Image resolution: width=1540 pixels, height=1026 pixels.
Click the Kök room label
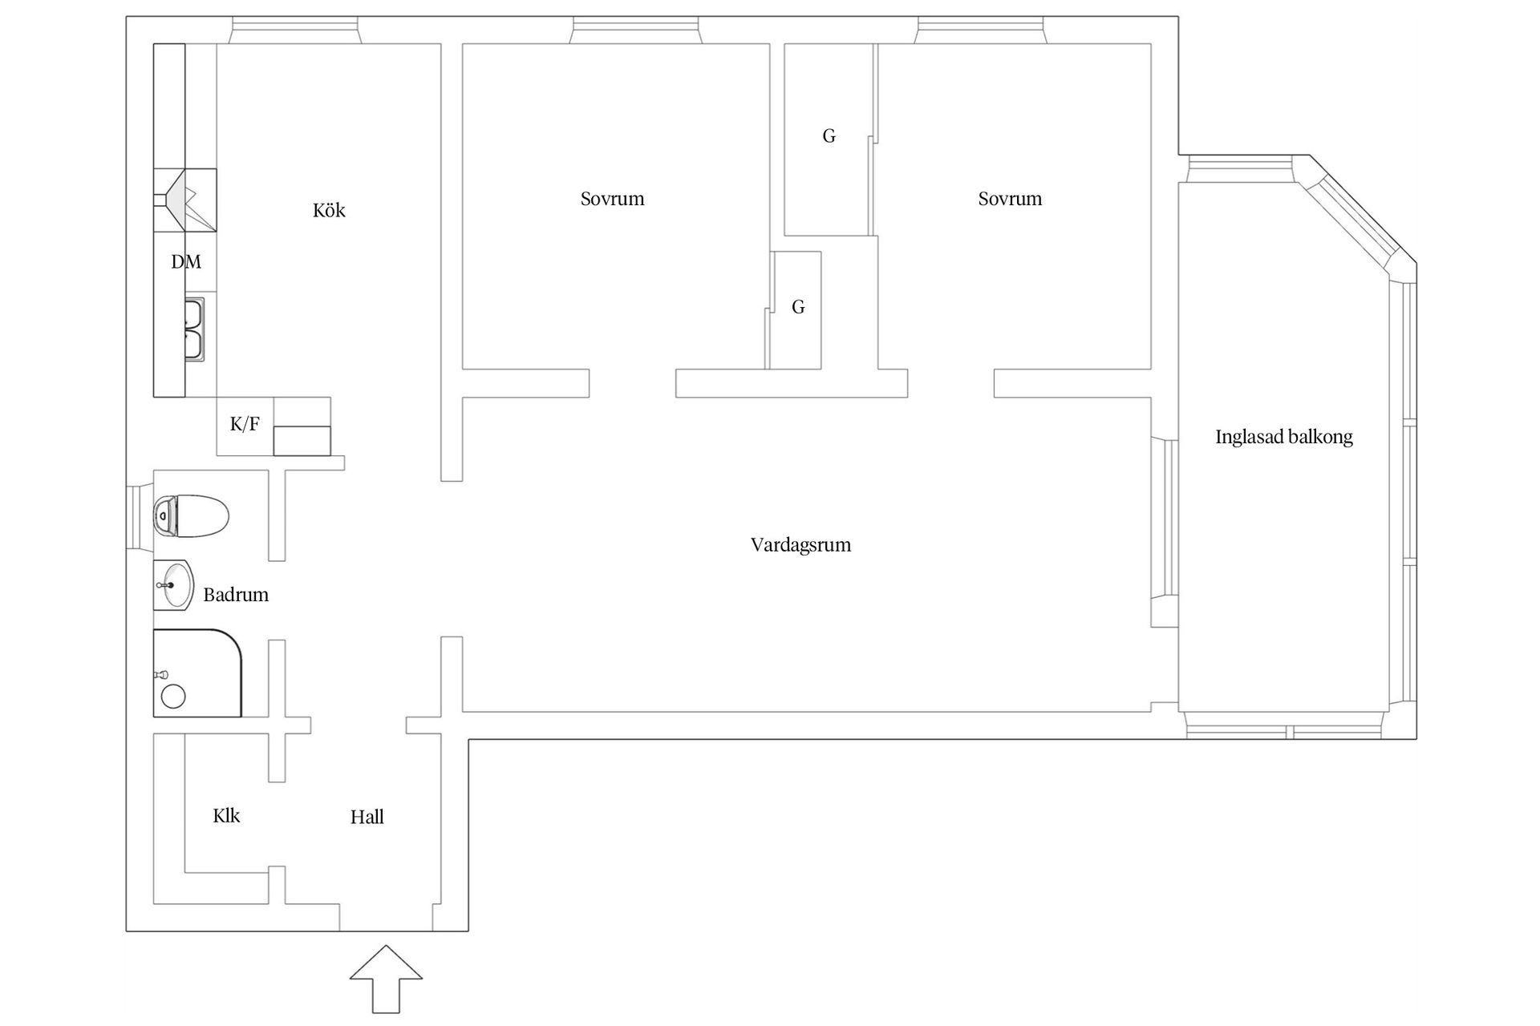(329, 210)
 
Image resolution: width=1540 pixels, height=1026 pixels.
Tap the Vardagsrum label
(800, 545)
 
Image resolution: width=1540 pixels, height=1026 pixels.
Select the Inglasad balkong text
(1283, 437)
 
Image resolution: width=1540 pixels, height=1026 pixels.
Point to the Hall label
(367, 817)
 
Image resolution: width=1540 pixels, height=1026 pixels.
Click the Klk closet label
(226, 815)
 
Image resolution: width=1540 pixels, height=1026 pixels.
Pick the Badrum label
(236, 595)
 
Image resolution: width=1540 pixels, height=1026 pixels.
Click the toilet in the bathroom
(191, 515)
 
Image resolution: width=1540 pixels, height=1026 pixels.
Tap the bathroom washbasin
(173, 585)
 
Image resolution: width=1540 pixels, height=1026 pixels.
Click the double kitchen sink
(195, 329)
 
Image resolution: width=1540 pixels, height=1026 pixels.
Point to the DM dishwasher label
(186, 261)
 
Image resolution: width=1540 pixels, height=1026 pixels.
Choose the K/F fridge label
(245, 424)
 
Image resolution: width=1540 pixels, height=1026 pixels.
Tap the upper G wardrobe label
(829, 136)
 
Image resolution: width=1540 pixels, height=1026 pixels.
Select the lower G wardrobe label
(798, 307)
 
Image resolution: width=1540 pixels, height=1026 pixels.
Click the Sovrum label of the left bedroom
(612, 199)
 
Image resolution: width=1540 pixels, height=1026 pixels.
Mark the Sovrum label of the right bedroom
(1010, 199)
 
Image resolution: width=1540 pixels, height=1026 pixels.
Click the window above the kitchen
(294, 30)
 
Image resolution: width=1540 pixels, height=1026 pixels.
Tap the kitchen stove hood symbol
(185, 200)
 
